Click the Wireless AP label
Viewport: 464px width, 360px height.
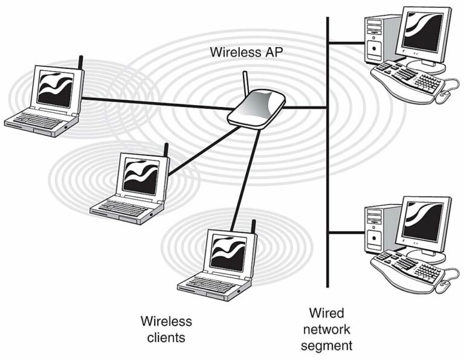[x=246, y=52]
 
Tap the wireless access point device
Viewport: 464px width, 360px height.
[x=257, y=109]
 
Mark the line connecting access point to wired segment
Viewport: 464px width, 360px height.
[x=306, y=108]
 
